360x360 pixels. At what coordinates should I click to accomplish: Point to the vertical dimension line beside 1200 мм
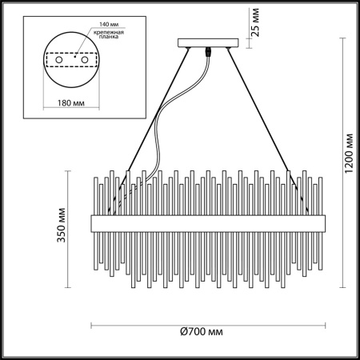[345, 152]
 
